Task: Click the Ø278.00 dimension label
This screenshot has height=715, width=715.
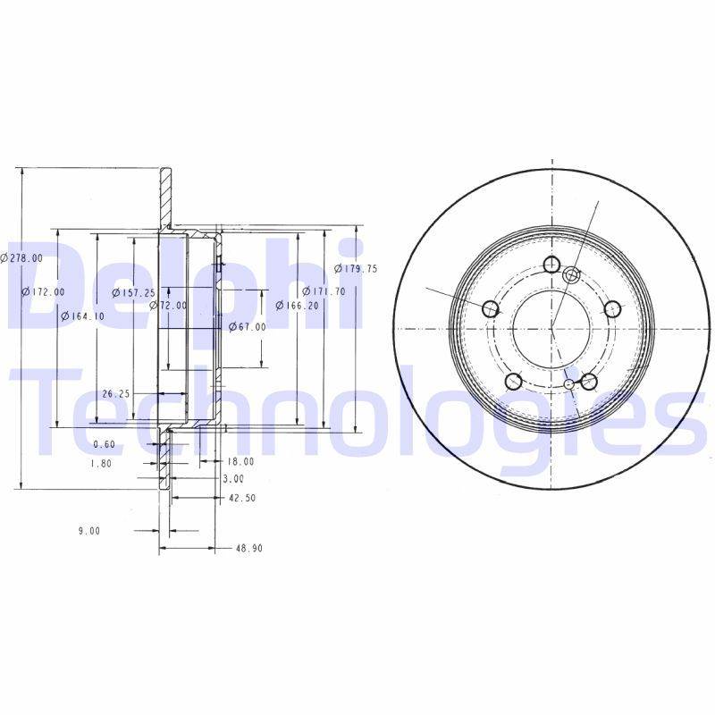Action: point(21,258)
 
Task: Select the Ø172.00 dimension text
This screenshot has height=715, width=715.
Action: point(44,292)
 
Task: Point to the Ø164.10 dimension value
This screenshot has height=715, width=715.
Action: point(82,316)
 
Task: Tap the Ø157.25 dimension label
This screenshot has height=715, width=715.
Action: point(133,293)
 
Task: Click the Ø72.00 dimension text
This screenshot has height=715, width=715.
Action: point(168,306)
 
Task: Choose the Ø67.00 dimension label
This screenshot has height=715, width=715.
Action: point(248,326)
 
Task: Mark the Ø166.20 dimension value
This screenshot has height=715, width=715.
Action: point(298,306)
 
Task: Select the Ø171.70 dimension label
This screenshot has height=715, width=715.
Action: point(324,291)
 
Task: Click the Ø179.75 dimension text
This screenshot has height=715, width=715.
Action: point(356,269)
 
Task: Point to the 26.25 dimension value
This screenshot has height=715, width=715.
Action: point(116,393)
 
